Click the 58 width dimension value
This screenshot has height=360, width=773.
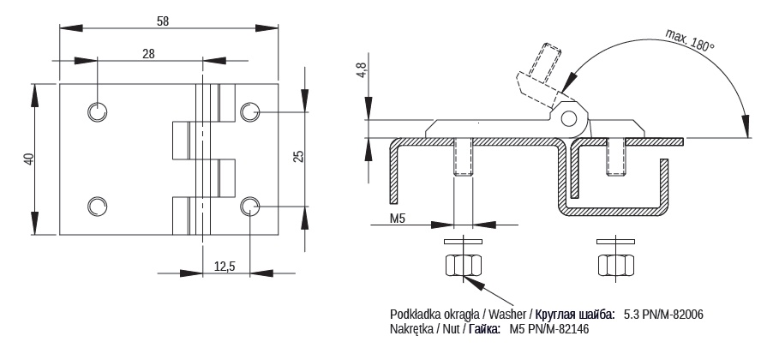tap(162, 21)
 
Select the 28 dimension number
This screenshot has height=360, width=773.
tap(148, 54)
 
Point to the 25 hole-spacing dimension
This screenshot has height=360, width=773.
tap(298, 156)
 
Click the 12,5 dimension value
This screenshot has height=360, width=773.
tap(225, 267)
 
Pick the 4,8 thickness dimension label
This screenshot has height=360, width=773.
tap(362, 69)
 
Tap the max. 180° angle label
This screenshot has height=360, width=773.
tap(690, 40)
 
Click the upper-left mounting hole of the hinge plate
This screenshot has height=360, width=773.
tap(98, 112)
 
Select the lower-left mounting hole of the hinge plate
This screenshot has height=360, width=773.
tap(98, 206)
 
